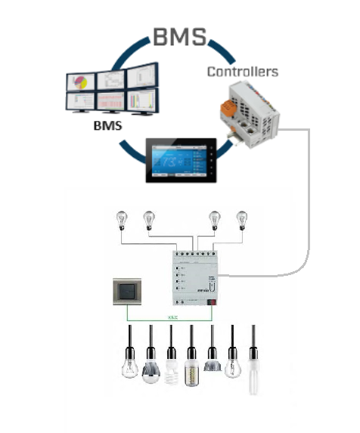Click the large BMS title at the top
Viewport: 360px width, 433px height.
tap(180, 36)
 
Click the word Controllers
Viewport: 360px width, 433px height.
tap(242, 73)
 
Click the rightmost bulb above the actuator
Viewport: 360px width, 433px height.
tap(242, 220)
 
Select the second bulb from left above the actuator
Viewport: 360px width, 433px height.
tap(148, 220)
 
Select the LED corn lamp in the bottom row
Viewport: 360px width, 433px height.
tap(193, 369)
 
